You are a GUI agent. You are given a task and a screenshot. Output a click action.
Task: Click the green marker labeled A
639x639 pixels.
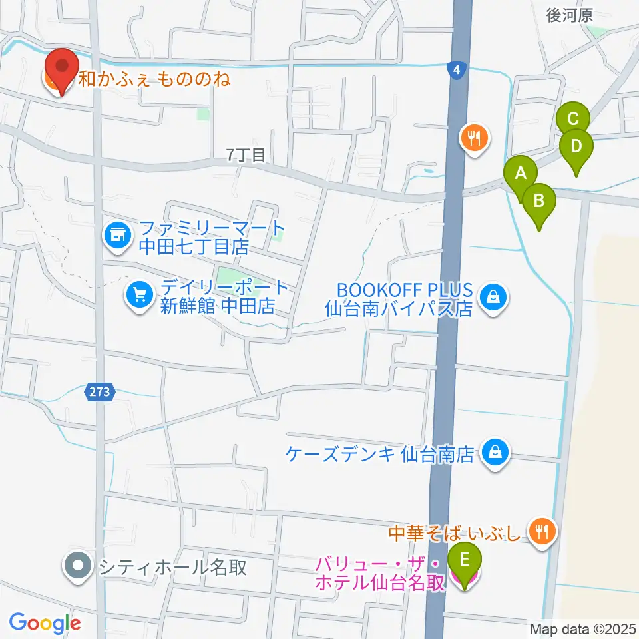pyautogui.click(x=521, y=174)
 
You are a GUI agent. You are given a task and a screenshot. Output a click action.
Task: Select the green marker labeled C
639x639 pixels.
pyautogui.click(x=573, y=121)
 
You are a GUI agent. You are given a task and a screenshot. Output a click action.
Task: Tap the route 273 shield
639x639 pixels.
pyautogui.click(x=101, y=392)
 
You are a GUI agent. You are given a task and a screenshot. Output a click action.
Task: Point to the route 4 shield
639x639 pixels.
pyautogui.click(x=455, y=70)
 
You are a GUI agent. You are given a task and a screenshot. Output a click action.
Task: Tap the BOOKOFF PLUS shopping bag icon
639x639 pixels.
pyautogui.click(x=493, y=294)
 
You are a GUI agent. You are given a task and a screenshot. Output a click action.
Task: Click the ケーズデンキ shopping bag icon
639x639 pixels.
pyautogui.click(x=495, y=453)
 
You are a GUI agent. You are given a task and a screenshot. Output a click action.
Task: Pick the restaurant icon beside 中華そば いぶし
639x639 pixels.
pyautogui.click(x=542, y=530)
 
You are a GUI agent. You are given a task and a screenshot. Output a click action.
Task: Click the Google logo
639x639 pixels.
pyautogui.click(x=45, y=624)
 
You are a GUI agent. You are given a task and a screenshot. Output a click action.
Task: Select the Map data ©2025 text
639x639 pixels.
pyautogui.click(x=582, y=629)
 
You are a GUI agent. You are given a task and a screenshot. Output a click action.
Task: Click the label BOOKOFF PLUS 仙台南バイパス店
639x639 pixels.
pyautogui.click(x=399, y=300)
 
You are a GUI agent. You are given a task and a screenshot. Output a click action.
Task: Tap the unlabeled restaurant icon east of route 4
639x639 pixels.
pyautogui.click(x=475, y=138)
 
